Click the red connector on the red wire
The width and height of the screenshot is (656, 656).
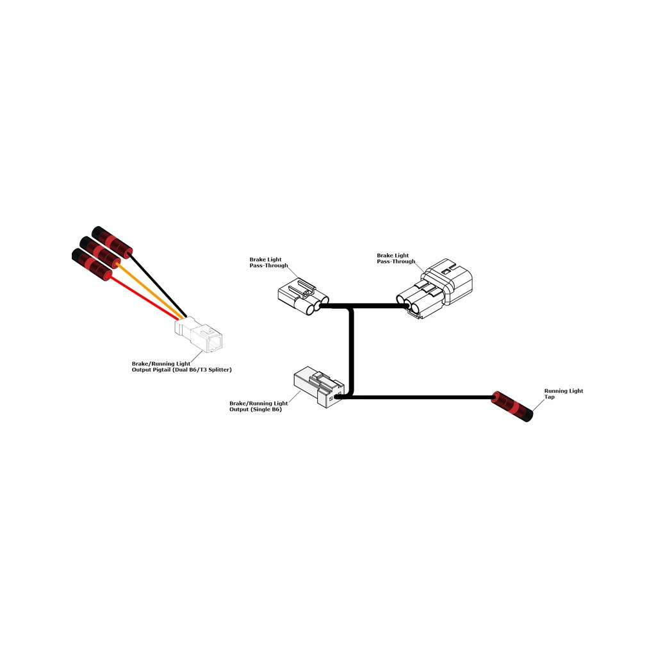point(92,265)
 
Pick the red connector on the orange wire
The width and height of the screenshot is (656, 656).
point(100,252)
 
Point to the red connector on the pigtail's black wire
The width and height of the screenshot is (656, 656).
point(112,242)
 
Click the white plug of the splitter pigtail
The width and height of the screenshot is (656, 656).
point(199,334)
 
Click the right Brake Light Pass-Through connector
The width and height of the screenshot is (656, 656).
point(434,289)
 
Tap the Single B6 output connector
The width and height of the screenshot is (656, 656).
point(319,387)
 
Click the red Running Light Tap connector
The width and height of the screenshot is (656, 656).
point(512,406)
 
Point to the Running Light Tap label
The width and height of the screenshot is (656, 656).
point(564,394)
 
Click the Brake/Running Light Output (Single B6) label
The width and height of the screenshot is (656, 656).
point(259,406)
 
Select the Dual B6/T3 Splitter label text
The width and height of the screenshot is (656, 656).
point(206,370)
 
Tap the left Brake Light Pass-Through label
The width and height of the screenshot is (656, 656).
point(268,262)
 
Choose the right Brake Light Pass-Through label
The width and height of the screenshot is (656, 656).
point(396,258)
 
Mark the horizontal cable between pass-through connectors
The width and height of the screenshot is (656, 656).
point(363,307)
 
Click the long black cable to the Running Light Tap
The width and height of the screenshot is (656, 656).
point(418,397)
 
